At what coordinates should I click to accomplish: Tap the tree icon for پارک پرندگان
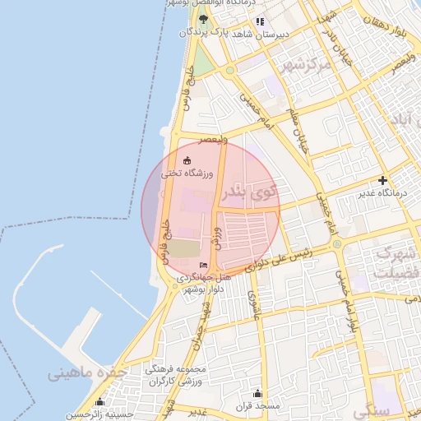pos(202,19)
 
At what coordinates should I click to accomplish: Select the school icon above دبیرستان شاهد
pos(260,21)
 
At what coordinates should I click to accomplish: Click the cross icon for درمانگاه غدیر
pos(382,180)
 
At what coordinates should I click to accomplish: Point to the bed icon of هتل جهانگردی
pos(203,265)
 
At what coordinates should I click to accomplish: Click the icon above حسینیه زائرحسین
pos(100,402)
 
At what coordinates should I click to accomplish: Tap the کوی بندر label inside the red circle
pos(248,192)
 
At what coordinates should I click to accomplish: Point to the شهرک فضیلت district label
pos(393,262)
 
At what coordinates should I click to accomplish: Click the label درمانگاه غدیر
pos(382,193)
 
